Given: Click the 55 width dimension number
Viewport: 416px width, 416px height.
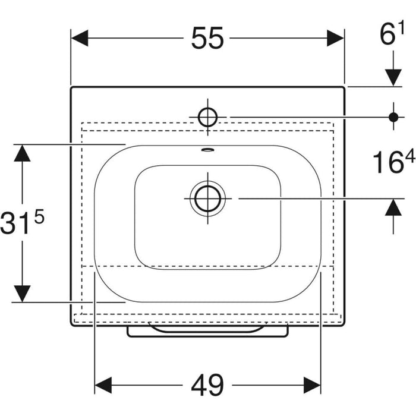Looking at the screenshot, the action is [x=207, y=38].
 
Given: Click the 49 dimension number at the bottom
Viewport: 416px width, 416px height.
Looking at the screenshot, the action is [x=207, y=385].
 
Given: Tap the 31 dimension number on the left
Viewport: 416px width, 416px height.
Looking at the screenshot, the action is [x=15, y=223].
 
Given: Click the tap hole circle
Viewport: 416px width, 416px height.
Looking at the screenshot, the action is [x=208, y=117].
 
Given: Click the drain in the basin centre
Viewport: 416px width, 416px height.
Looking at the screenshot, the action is [x=207, y=198].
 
